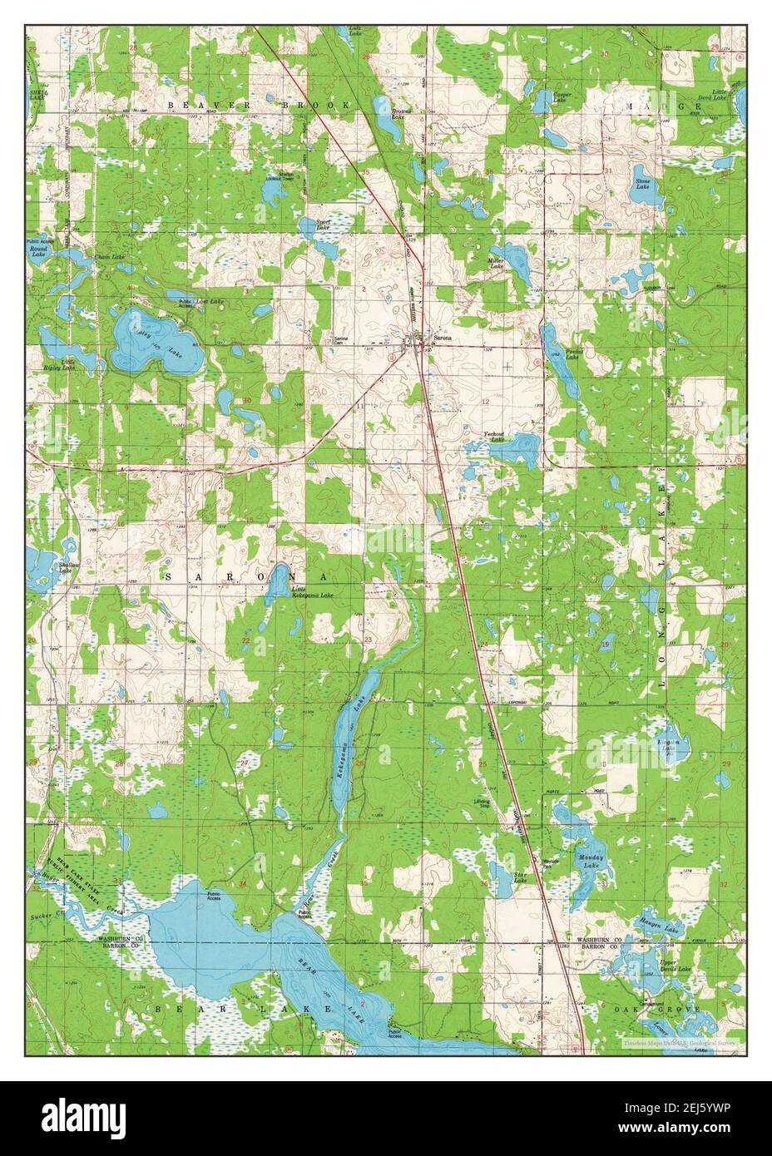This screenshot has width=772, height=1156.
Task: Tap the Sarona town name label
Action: (443, 338)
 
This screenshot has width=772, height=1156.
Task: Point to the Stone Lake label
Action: (642, 184)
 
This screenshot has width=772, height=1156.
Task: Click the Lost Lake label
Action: (211, 300)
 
